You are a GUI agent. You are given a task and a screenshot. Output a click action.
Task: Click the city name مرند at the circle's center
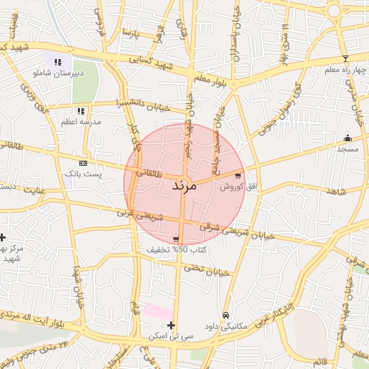coord(184,185)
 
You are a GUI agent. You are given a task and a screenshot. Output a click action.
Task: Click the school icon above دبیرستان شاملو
coord(58,62)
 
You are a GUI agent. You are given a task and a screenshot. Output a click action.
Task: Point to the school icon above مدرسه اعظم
coord(81,111)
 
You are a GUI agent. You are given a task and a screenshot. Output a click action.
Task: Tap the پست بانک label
coord(84,174)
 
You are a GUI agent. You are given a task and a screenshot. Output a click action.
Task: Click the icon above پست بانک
coord(83,164)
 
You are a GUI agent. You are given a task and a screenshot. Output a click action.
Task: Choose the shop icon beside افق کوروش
coord(238,175)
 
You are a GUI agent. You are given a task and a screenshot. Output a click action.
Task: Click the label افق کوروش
coord(232,187)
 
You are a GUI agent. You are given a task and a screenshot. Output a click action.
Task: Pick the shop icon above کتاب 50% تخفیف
coord(176,239)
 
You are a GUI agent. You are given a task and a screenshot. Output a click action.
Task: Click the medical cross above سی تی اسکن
coord(171,325)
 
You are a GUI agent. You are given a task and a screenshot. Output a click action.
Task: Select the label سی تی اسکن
coord(170,337)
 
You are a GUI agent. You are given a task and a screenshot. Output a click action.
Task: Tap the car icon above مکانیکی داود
coord(226,316)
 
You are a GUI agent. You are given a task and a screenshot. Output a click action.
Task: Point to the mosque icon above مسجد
coord(348,138)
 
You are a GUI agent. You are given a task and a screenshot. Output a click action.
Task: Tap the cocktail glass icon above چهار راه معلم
coord(345,58)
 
